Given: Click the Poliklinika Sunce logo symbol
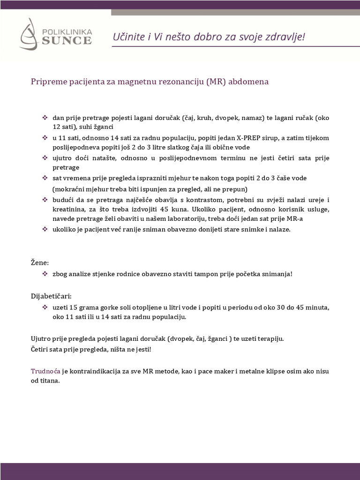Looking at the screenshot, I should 30,34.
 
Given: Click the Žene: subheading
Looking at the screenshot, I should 40,262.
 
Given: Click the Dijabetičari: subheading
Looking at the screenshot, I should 52,296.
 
